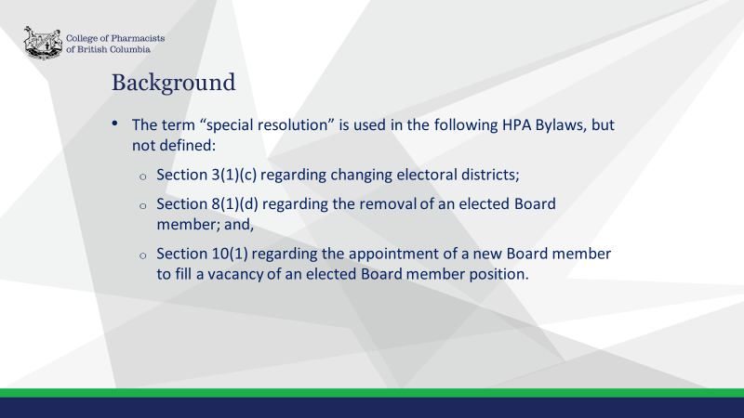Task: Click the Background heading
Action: coord(173,83)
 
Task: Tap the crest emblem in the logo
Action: coord(43,43)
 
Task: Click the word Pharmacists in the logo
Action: coord(138,38)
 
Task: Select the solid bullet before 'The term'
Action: coord(114,124)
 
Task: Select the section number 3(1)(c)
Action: coord(234,175)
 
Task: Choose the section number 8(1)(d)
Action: coord(235,203)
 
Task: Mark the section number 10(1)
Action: coord(230,254)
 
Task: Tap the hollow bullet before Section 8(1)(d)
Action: coord(143,206)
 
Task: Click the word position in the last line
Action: coord(498,274)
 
